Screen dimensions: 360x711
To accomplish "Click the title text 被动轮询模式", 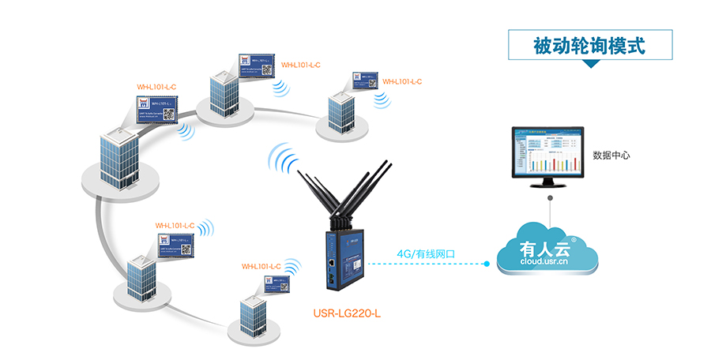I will tap(589, 47).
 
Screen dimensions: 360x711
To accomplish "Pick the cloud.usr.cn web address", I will tap(546, 263).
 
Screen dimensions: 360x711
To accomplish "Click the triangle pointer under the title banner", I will tap(589, 65).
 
